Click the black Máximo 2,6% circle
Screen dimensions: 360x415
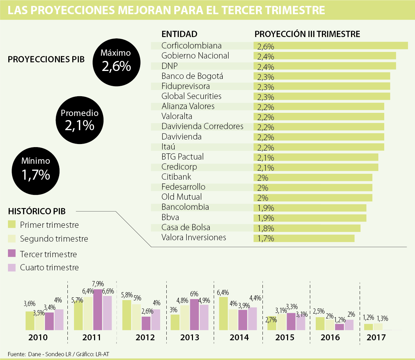pos(116,62)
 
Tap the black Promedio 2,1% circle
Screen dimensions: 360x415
pos(80,120)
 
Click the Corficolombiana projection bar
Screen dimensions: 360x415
pos(331,46)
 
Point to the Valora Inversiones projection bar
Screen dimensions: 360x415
pos(304,238)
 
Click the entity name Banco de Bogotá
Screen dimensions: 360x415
pos(192,76)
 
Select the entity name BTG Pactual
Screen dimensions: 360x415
pos(183,157)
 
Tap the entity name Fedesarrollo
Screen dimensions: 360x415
pos(183,187)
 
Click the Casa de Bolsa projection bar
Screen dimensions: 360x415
pos(307,228)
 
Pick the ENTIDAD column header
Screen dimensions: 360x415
pos(179,34)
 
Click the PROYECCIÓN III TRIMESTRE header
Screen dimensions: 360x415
pos(307,34)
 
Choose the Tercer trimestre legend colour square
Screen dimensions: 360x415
pos(12,253)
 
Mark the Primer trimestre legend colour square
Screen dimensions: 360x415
pos(12,224)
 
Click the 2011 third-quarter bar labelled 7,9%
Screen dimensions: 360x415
pos(98,309)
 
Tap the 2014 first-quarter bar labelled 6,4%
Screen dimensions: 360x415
pos(224,313)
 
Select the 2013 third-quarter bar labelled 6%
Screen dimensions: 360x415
pos(194,314)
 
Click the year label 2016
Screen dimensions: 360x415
pos(330,337)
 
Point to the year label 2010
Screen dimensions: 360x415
pos(38,337)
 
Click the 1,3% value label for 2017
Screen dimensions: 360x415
pos(382,318)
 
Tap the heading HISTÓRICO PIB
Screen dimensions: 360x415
pos(37,211)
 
